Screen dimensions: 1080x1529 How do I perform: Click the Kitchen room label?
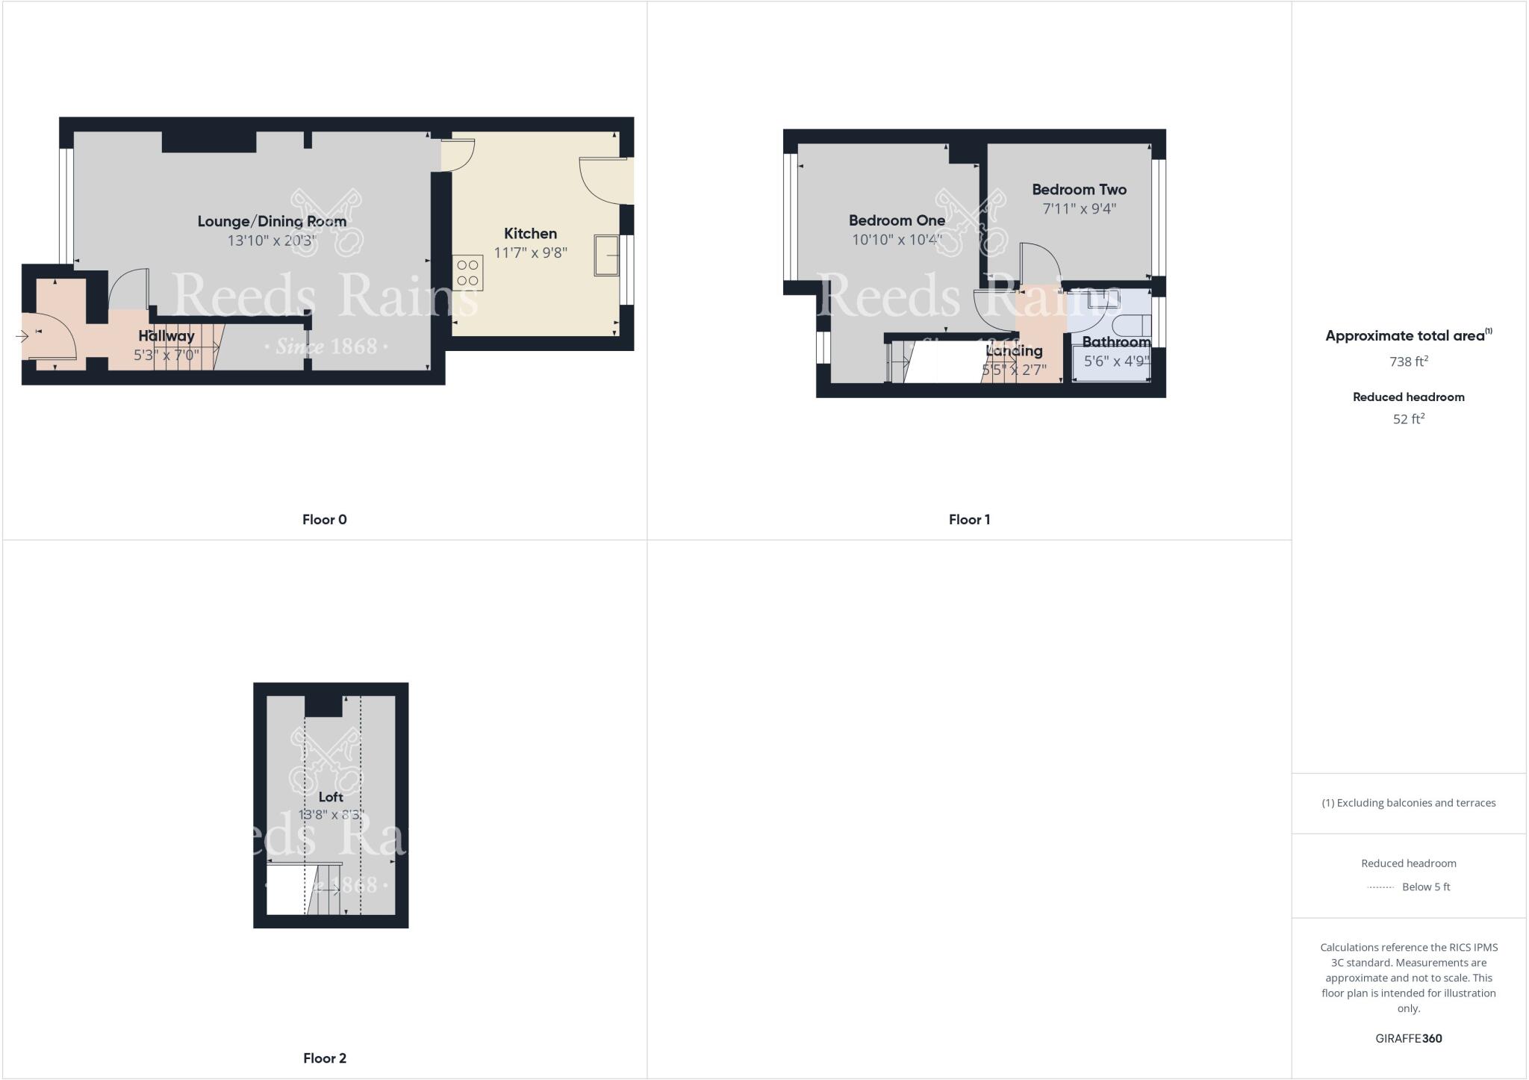click(530, 234)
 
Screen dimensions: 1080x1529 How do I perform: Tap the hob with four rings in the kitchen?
click(467, 273)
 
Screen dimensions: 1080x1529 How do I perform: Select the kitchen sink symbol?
click(605, 255)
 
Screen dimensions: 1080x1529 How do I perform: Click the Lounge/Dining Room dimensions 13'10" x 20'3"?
click(272, 240)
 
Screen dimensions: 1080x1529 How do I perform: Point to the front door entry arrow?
click(22, 337)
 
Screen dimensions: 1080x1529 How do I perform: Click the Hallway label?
click(166, 336)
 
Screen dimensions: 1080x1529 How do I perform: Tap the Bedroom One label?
click(897, 220)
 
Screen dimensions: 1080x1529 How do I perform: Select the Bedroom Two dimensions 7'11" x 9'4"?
click(1079, 208)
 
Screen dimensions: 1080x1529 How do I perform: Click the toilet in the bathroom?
click(1131, 326)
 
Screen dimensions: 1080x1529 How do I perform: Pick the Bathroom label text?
click(1115, 342)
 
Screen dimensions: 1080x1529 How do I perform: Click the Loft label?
click(331, 797)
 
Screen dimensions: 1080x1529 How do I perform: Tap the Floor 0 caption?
click(324, 520)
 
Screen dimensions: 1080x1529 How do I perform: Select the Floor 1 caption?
click(969, 520)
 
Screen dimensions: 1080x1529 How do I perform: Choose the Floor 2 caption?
click(324, 1058)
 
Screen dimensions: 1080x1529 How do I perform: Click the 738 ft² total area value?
click(1408, 361)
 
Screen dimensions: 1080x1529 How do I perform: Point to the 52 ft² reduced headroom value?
click(1408, 419)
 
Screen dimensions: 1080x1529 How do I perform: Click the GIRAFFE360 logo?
click(1408, 1038)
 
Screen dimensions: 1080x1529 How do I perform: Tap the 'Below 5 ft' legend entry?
click(1425, 887)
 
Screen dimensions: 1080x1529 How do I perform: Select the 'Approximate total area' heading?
click(1406, 336)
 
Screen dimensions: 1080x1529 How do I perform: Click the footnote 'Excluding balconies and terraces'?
click(1408, 803)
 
